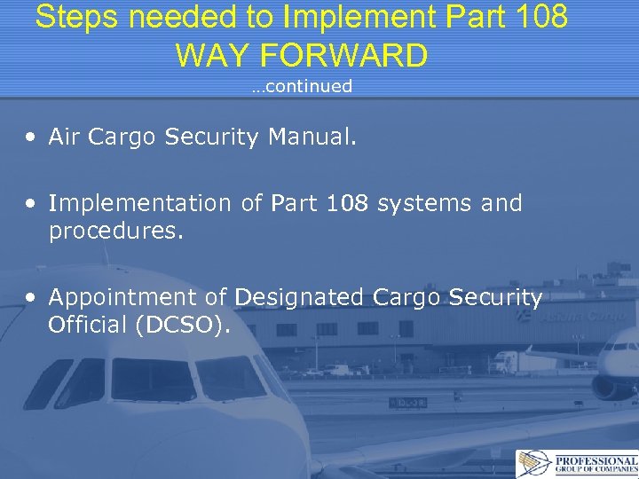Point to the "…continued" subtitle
coord(301,86)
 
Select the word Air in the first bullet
coord(66,137)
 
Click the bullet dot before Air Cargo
coord(31,137)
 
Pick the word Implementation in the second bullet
coord(139,203)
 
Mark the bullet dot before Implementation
coord(31,204)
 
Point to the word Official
coord(88,326)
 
